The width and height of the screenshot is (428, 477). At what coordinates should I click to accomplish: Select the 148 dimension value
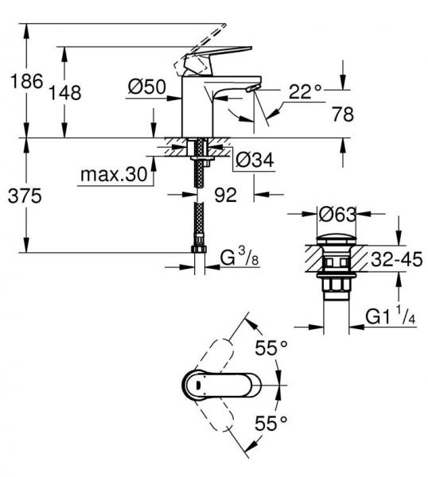(64, 92)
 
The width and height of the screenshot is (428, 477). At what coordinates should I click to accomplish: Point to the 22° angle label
(305, 92)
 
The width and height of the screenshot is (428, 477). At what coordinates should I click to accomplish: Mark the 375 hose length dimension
(25, 196)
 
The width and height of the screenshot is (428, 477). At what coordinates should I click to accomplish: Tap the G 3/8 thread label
(238, 258)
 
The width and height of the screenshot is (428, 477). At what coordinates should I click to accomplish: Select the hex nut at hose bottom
(199, 254)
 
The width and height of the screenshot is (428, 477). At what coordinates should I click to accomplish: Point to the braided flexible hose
(199, 211)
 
